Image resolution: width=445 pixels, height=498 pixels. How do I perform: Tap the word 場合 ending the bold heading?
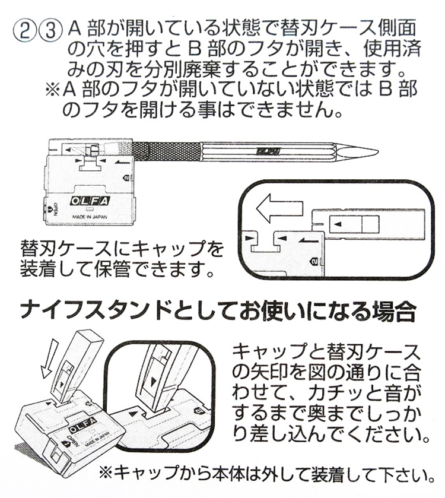tap(402, 310)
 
